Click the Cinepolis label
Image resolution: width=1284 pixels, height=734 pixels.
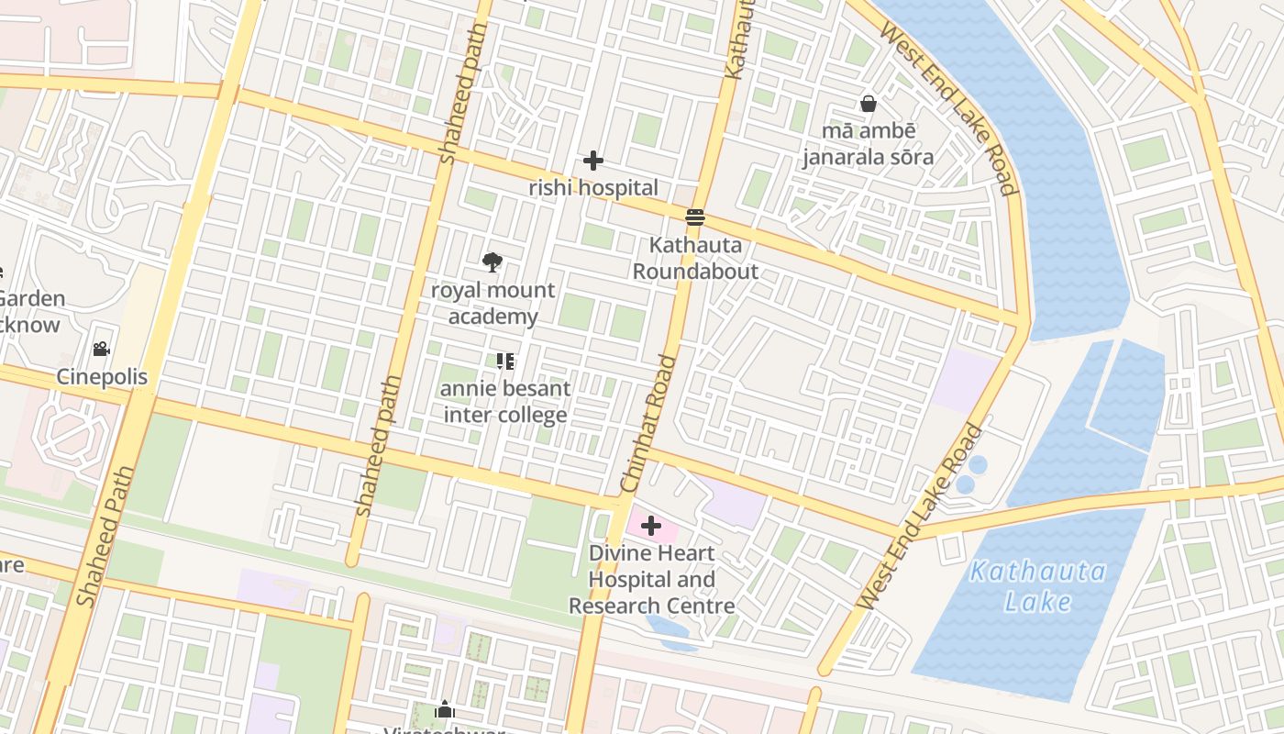pos(102,377)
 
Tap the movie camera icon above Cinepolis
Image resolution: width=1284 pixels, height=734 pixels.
pos(101,349)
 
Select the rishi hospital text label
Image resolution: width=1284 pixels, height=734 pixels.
pos(593,188)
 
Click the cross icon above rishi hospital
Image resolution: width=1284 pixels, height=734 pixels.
pos(593,161)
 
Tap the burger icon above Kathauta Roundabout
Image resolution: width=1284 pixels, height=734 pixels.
pos(695,217)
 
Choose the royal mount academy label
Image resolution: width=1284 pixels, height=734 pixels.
pos(493,304)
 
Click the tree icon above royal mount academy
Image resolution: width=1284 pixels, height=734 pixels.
pos(493,262)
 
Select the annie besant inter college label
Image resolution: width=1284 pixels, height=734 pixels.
pos(504,402)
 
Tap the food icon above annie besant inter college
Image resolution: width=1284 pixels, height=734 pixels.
pos(504,361)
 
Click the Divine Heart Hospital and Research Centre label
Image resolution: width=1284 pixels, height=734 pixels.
pos(651,579)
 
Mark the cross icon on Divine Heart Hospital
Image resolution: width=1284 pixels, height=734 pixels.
pos(651,526)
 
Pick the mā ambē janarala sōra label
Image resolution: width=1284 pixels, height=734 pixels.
pos(868,144)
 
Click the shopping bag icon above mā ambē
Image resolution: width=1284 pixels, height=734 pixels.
pos(868,104)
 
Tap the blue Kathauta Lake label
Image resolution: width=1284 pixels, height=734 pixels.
pos(1038,586)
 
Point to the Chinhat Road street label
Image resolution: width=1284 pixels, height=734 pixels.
pos(648,423)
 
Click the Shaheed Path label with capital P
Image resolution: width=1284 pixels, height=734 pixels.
pos(106,537)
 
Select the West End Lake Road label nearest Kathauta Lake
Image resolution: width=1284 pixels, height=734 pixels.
pos(923,516)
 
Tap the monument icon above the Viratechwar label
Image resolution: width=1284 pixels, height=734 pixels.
pos(445,709)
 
